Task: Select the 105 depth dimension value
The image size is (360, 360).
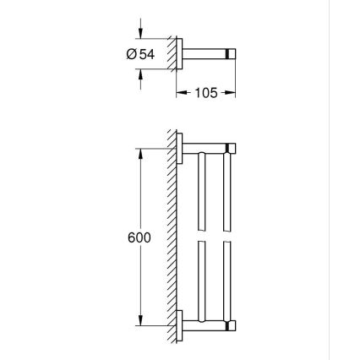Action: coord(206,93)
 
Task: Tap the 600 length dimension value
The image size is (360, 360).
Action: coord(139,238)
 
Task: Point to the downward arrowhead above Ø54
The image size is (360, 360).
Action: coord(141,35)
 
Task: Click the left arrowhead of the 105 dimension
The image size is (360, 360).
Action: coord(180,93)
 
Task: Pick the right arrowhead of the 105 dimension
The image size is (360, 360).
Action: coord(231,93)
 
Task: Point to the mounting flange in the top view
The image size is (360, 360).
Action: coord(180,53)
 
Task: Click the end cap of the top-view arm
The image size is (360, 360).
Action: coord(232,53)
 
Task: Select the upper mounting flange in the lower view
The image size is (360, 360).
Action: coord(180,150)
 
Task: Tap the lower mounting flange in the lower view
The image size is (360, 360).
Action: coord(180,325)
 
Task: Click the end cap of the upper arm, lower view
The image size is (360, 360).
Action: coord(232,150)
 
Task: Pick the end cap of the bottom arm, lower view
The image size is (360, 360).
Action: coord(232,325)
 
